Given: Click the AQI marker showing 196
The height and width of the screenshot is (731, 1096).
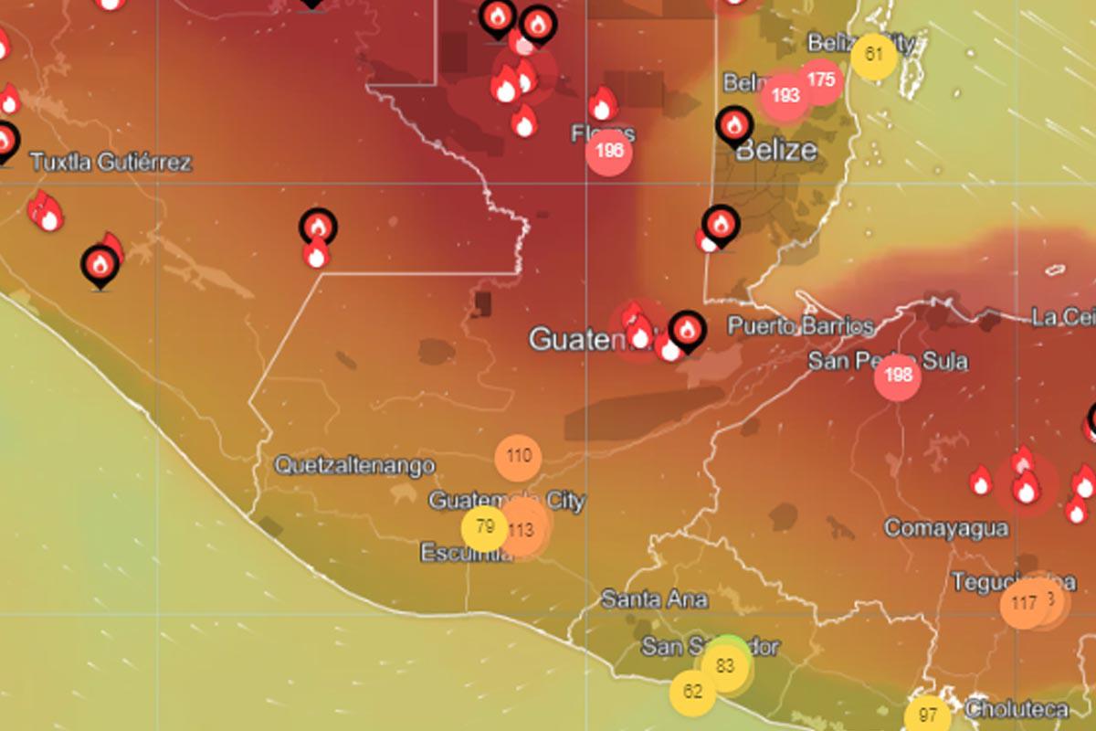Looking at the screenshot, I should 609,152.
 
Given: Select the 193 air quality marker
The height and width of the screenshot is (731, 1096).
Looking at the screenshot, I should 785,95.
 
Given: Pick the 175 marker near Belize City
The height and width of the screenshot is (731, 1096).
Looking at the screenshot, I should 820,80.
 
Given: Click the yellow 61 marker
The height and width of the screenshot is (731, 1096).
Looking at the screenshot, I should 874,55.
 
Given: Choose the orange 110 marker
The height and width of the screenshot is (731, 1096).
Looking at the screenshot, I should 518,456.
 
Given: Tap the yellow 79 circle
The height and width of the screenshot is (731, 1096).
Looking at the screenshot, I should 485,528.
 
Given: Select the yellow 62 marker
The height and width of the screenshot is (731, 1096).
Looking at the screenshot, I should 692,692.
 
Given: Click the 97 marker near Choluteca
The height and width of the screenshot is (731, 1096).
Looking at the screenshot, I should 928,715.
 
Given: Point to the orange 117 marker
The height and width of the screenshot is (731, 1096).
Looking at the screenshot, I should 1024,604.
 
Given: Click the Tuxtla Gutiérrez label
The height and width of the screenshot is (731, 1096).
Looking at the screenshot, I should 111,163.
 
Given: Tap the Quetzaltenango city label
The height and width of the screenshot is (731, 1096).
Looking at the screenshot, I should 354,465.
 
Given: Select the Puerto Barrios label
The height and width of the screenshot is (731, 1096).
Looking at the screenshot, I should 800,326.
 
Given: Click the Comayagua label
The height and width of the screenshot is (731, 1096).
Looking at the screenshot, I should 946,528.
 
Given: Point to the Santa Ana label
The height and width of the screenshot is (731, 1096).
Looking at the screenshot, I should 654,599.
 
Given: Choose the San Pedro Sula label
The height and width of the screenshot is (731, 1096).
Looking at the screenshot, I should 888,361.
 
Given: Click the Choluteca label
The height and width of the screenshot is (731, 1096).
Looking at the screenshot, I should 1017,708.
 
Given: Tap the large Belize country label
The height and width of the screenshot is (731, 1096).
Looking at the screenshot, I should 775,150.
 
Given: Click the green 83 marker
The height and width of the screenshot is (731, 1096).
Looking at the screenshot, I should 725,665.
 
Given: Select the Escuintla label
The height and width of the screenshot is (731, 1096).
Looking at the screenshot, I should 466,553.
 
